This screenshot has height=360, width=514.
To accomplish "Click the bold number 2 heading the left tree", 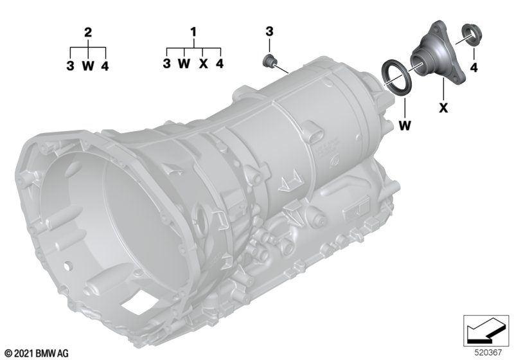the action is pyautogui.click(x=88, y=32).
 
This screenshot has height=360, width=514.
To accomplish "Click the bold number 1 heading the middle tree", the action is pyautogui.click(x=194, y=32).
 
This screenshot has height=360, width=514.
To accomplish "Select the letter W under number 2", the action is pyautogui.click(x=88, y=66).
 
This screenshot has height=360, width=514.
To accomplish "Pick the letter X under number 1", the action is pyautogui.click(x=204, y=64).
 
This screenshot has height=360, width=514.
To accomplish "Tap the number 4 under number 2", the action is pyautogui.click(x=105, y=66).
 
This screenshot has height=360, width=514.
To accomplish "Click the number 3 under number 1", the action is pyautogui.click(x=167, y=63).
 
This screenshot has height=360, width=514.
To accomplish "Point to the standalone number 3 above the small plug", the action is pyautogui.click(x=269, y=32).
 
